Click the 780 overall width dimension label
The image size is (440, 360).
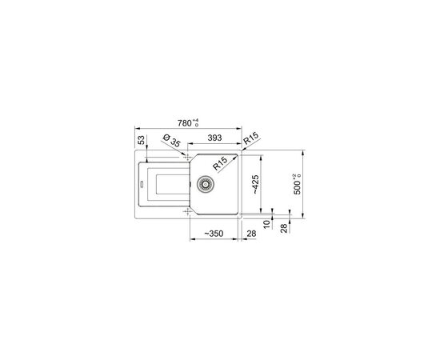(184, 123)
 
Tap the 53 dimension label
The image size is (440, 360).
(142, 140)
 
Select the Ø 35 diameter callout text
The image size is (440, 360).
(171, 141)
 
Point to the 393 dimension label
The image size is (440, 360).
(214, 138)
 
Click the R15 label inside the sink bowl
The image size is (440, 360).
(220, 163)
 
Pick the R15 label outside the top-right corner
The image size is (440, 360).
(250, 138)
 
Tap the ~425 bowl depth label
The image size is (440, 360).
(255, 184)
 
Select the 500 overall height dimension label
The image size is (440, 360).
(297, 188)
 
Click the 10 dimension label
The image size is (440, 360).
(266, 224)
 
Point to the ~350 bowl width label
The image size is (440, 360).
(214, 234)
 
